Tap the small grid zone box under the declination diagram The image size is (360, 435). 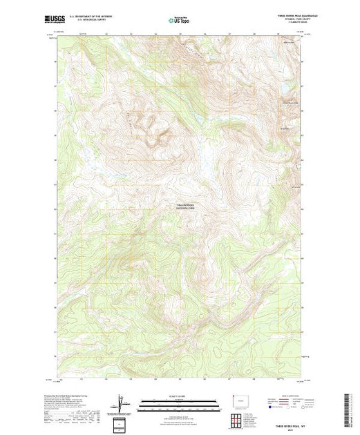click(x=122, y=422)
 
